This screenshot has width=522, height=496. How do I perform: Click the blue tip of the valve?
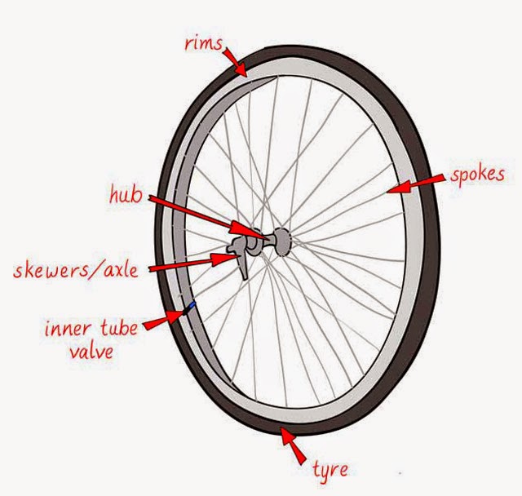point(192,305)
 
